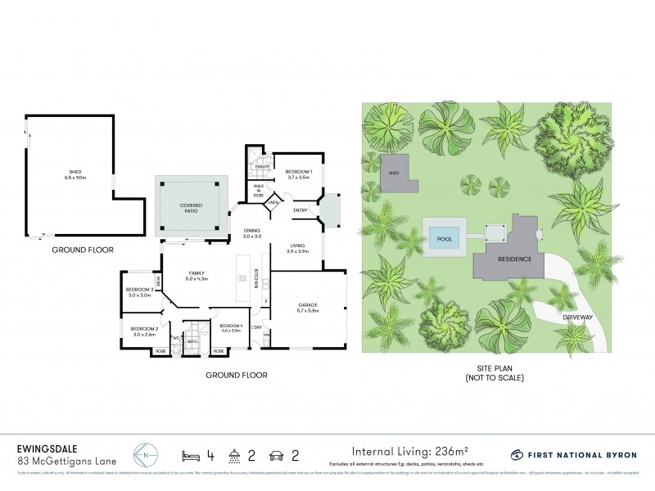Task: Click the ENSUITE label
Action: coord(263,168)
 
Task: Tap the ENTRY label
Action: coord(302,210)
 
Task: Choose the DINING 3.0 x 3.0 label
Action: coord(252,233)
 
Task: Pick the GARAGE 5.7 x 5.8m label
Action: coord(308,308)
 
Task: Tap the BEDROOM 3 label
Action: coord(141,292)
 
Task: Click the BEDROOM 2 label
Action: coord(144,331)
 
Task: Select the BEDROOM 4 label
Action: coord(231,328)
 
